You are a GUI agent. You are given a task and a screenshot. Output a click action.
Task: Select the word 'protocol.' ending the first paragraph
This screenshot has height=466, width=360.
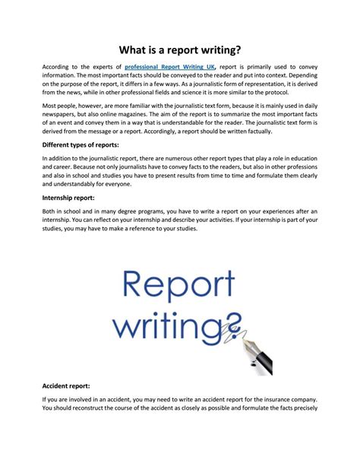(x=301, y=98)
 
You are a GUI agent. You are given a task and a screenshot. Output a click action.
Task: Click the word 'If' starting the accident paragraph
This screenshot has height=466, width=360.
(x=45, y=399)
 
